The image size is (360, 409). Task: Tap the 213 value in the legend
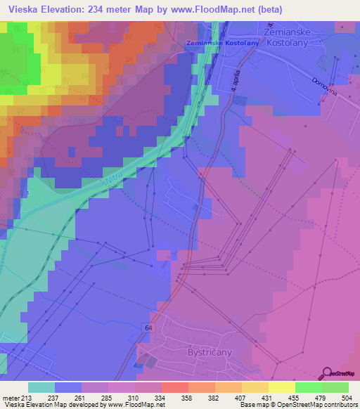[27, 398]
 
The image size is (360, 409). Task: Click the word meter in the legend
[11, 398]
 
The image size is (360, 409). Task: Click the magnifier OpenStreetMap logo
[327, 372]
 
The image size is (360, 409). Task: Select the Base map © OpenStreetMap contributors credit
[297, 405]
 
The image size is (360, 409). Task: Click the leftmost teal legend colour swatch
[41, 387]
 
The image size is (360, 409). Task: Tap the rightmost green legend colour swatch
[335, 387]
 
